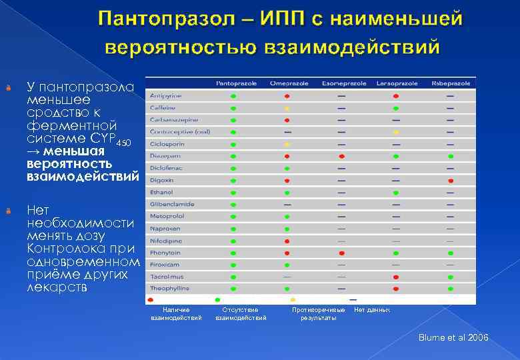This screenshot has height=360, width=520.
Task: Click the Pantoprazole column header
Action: click(233, 83)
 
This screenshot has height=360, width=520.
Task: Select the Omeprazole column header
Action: click(289, 83)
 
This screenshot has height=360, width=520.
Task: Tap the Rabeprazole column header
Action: click(451, 83)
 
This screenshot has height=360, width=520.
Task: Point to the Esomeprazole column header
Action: click(344, 83)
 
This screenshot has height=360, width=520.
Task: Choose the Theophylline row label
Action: click(170, 288)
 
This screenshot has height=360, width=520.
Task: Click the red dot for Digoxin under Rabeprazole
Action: click(451, 181)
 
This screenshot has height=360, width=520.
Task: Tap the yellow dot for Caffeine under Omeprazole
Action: click(287, 108)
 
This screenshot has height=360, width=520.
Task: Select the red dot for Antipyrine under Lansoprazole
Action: click(396, 96)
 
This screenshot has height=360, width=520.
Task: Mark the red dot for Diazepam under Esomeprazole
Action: click(341, 156)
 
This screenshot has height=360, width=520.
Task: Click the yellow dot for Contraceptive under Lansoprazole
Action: click(396, 132)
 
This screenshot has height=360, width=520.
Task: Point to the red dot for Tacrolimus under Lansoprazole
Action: click(396, 276)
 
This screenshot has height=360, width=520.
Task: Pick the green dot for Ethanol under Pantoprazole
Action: click(233, 193)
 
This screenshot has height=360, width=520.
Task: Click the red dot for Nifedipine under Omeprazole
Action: click(287, 241)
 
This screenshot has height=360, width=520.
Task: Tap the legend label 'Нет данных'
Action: click(372, 310)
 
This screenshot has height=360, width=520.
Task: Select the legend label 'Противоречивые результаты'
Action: click(319, 314)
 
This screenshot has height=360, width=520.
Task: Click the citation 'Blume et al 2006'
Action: click(453, 338)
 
